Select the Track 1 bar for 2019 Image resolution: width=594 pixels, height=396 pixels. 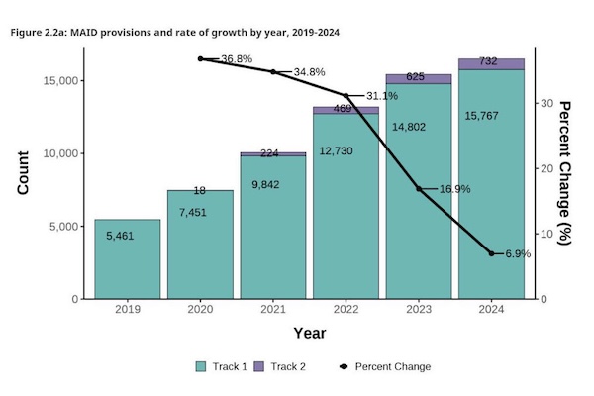click(127, 262)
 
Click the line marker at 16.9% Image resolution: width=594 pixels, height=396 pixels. click(419, 188)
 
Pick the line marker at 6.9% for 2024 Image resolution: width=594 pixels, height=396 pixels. click(491, 253)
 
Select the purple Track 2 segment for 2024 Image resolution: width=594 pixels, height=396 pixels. click(491, 63)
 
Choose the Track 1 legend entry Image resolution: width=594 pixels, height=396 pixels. click(223, 366)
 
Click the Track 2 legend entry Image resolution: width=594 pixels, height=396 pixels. click(283, 366)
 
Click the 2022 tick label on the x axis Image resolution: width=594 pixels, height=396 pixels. click(346, 308)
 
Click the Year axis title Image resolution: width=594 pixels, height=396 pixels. click(309, 334)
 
